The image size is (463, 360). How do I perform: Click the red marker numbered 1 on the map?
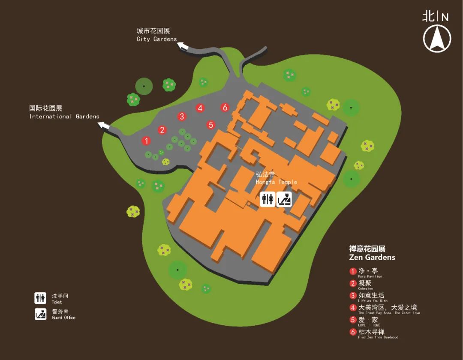[x=146, y=141]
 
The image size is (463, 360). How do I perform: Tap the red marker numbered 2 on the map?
[x=162, y=130]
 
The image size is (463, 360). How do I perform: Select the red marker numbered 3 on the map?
[x=182, y=116]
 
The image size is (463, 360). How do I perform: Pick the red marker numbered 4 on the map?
[x=200, y=108]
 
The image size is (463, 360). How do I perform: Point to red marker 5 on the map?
[x=210, y=125]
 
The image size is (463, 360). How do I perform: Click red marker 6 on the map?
[x=225, y=108]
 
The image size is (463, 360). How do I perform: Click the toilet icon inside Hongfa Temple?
[x=268, y=199]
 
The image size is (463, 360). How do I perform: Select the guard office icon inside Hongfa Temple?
[x=284, y=199]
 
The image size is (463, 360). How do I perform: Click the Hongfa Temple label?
[x=277, y=178]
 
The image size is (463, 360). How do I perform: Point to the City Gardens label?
[x=156, y=35]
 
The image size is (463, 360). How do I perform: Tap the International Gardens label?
[x=64, y=112]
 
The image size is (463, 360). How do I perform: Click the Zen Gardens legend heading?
[x=372, y=253]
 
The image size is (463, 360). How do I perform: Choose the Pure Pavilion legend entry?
[x=364, y=272]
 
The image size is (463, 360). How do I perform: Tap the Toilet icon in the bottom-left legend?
[x=40, y=298]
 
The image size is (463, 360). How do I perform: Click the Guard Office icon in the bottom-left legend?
[x=40, y=314]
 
